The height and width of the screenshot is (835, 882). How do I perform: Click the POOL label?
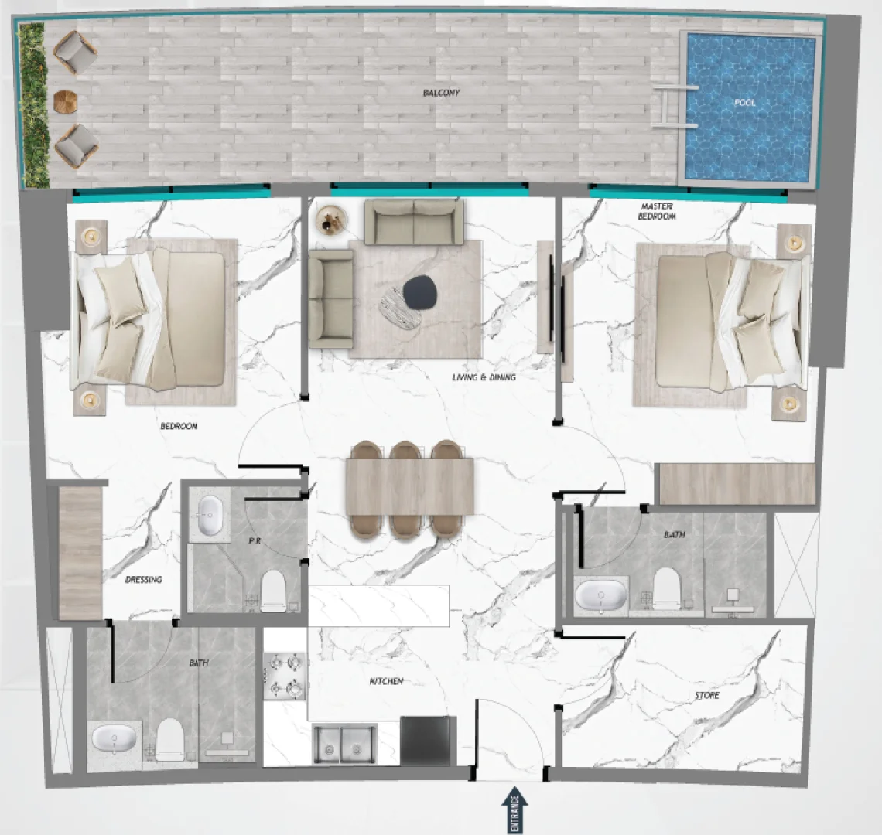(745, 102)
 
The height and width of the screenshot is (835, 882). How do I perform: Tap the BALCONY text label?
(441, 93)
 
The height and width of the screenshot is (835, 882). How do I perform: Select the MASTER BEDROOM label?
(656, 211)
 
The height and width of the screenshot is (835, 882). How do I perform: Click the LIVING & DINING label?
(484, 377)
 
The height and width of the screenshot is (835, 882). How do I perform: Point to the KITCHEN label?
(385, 681)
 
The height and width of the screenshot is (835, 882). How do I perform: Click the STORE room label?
(706, 696)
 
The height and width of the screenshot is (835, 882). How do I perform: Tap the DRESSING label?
(143, 579)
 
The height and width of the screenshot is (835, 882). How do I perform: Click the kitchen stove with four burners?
(284, 677)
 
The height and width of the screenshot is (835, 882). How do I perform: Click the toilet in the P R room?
(273, 591)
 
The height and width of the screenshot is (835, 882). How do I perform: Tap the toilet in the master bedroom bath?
(666, 588)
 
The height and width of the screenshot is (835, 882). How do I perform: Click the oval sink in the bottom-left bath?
(114, 738)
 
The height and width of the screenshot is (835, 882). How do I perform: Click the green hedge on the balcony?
(33, 104)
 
